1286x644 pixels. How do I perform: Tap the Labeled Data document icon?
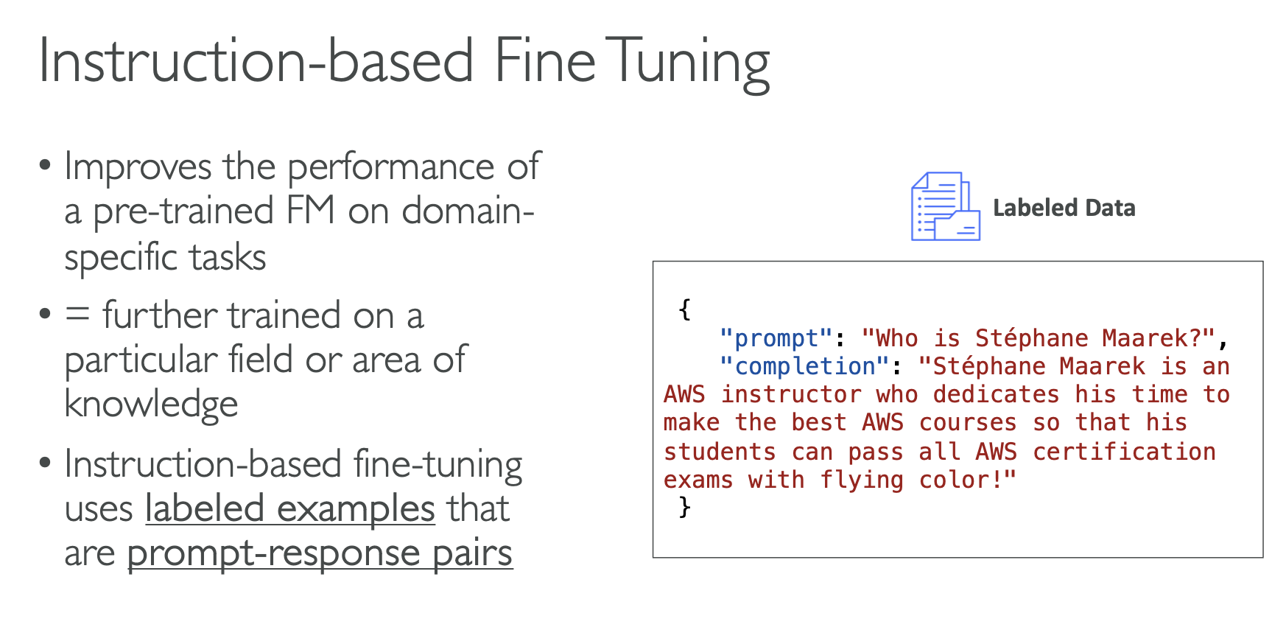945,206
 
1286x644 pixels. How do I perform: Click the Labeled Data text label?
1064,208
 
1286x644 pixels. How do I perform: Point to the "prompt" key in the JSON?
776,338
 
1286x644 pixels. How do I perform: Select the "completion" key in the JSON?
804,366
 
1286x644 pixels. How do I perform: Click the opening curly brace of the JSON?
684,309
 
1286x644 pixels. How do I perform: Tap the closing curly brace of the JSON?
684,507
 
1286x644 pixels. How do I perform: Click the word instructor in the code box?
790,394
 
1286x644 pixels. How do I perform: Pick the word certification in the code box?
1124,451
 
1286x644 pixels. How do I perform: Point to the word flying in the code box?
861,480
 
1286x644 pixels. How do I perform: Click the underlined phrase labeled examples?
290,508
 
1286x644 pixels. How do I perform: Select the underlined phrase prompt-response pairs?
320,553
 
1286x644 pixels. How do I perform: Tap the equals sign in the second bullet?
77,315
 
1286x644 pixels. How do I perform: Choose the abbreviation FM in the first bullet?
310,211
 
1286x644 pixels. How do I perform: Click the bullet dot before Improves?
46,164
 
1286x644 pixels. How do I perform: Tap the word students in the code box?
720,451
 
